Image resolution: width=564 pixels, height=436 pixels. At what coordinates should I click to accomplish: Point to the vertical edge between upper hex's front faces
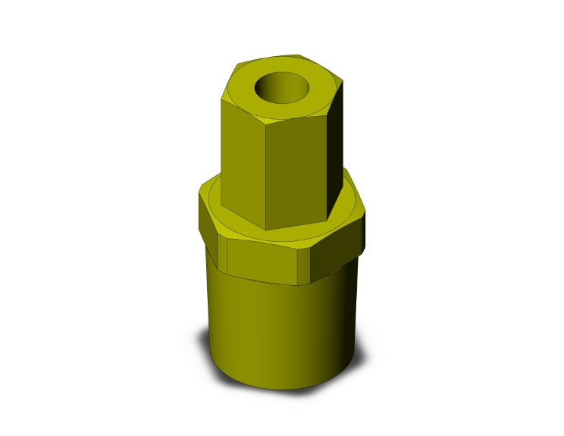point(267,174)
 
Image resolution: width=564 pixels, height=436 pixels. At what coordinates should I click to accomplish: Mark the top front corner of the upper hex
point(267,121)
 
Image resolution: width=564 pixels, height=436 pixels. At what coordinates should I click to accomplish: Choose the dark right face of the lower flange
point(337,250)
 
